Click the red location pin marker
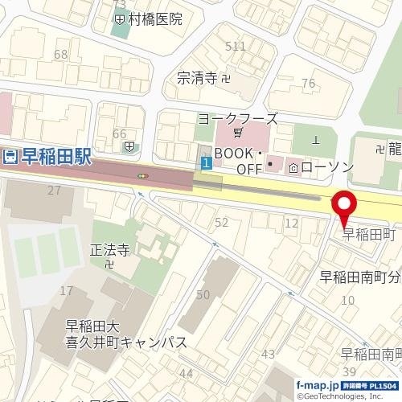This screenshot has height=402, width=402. coord(345,207)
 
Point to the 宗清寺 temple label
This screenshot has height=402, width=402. coord(198,78)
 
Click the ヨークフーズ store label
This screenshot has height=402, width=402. coord(238,118)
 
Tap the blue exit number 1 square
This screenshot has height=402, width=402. coord(207,164)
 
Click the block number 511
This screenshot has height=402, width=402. coord(236,47)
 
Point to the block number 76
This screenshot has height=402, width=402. coord(307,84)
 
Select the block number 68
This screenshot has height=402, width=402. coord(60,55)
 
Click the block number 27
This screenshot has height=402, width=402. coord(55,191)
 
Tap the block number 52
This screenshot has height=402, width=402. coord(223,222)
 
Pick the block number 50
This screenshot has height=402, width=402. coord(203,295)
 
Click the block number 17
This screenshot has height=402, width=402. coord(67,290)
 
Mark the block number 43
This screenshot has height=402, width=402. coord(269,354)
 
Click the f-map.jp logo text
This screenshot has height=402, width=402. coord(314,385)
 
